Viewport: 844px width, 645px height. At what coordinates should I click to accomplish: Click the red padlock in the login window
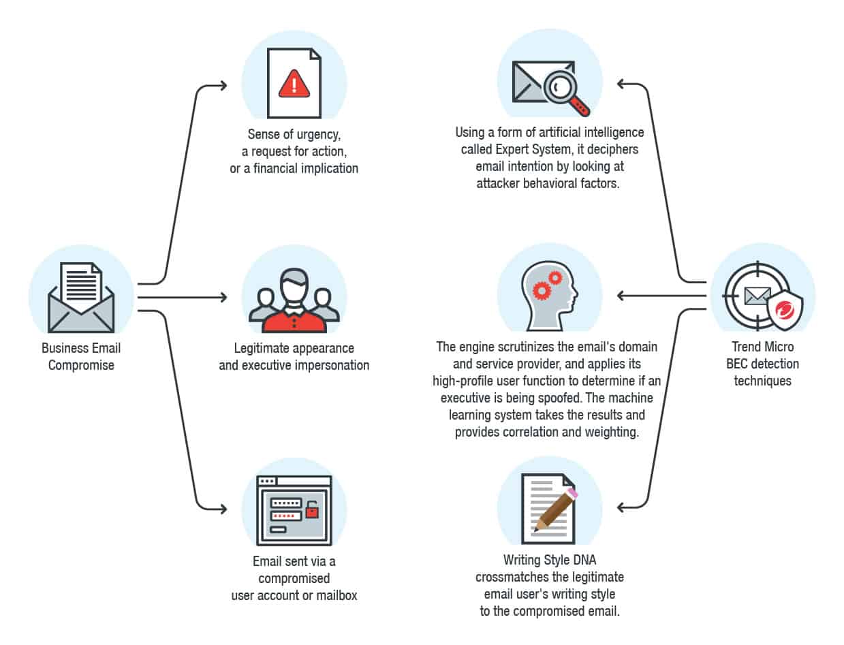click(x=312, y=510)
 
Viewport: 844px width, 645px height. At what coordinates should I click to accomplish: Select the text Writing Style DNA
click(x=550, y=561)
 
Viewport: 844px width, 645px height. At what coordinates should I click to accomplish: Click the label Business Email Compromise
click(x=81, y=356)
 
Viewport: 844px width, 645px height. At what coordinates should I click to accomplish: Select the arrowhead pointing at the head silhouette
click(x=621, y=296)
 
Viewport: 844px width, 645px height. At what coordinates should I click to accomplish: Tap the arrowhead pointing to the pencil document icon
click(x=621, y=507)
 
